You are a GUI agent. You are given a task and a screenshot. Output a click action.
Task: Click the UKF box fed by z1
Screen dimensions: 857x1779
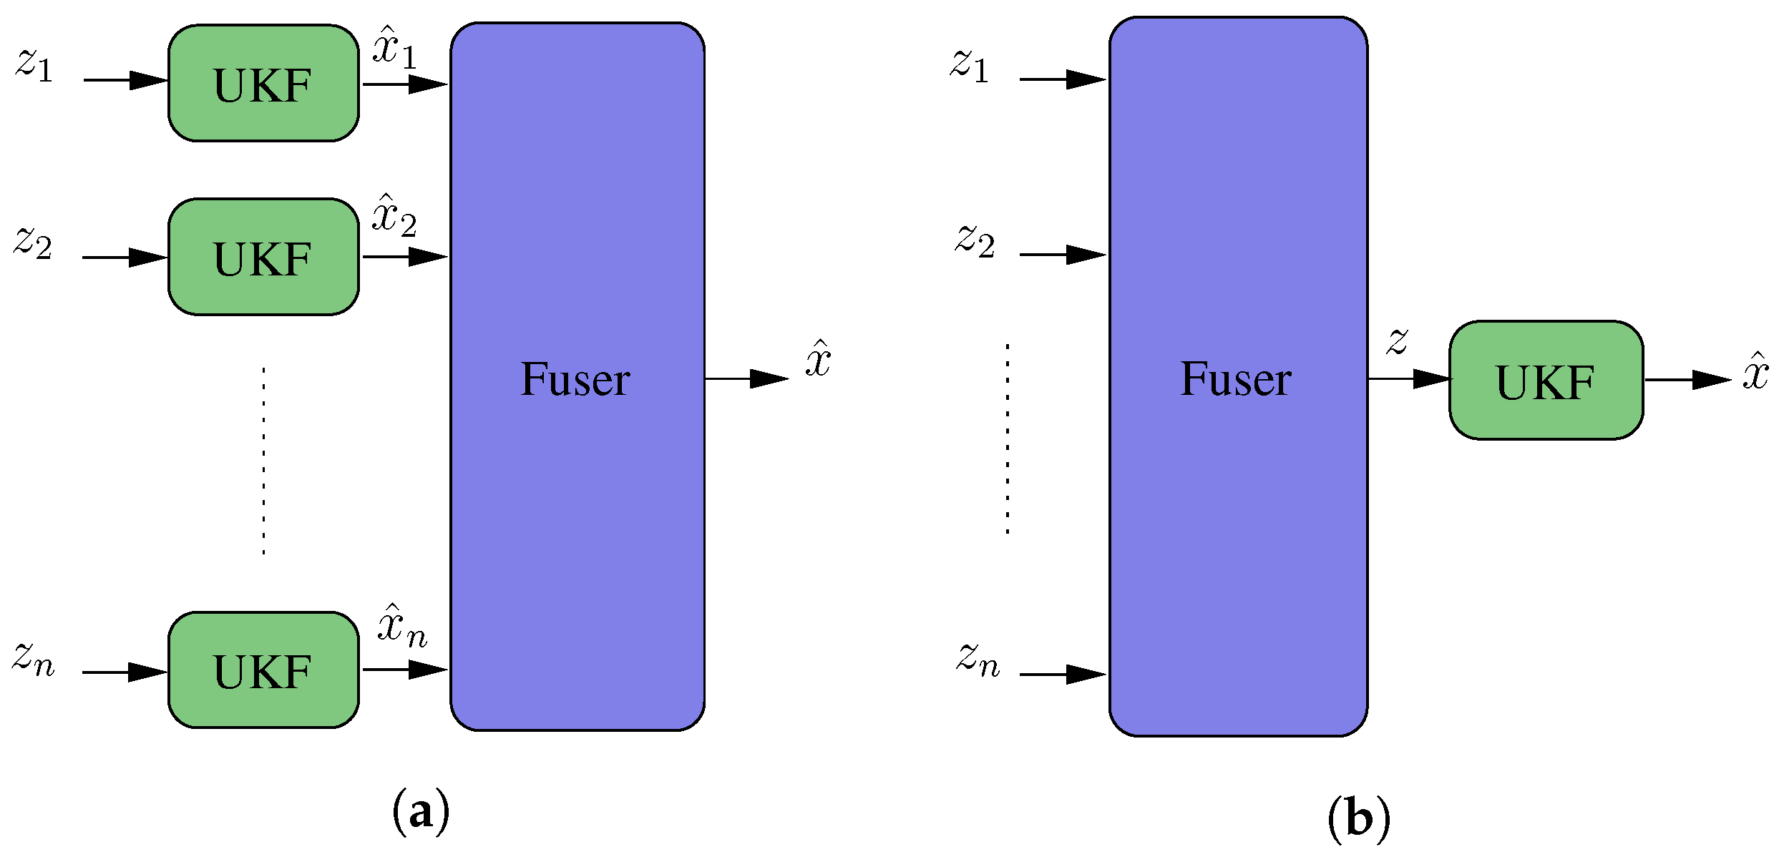263,84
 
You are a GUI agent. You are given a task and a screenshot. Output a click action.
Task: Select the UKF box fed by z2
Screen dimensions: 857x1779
263,257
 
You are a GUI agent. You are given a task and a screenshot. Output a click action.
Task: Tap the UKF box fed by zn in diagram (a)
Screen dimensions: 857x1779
263,670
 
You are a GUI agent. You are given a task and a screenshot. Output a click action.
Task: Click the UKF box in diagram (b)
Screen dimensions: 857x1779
1546,380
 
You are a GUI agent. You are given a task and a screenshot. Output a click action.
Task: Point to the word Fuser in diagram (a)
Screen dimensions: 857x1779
575,379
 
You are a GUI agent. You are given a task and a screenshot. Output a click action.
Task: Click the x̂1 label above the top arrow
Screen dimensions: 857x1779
394,48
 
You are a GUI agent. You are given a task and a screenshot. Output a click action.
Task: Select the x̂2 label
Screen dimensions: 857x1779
394,216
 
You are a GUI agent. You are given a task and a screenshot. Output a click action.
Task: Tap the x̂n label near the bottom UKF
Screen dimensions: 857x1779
401,627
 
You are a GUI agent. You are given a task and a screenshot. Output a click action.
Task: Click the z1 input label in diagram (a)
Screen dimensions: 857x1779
34,65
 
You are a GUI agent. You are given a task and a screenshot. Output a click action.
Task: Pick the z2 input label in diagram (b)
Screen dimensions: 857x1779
975,240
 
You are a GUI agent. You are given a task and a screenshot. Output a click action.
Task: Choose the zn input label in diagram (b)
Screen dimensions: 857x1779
978,660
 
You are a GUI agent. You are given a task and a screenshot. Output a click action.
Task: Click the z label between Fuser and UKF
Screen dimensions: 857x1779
1397,341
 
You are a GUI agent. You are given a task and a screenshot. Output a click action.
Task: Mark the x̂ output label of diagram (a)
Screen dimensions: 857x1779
818,359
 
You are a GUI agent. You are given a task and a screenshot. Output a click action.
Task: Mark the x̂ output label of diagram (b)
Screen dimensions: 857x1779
1755,372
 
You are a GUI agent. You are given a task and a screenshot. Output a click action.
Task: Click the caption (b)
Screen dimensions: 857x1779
1358,818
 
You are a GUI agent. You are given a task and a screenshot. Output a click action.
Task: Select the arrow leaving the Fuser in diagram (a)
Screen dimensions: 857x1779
746,379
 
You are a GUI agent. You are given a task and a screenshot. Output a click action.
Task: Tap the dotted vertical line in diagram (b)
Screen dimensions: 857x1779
1008,439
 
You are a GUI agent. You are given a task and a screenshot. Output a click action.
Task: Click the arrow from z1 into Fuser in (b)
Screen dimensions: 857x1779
1063,79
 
